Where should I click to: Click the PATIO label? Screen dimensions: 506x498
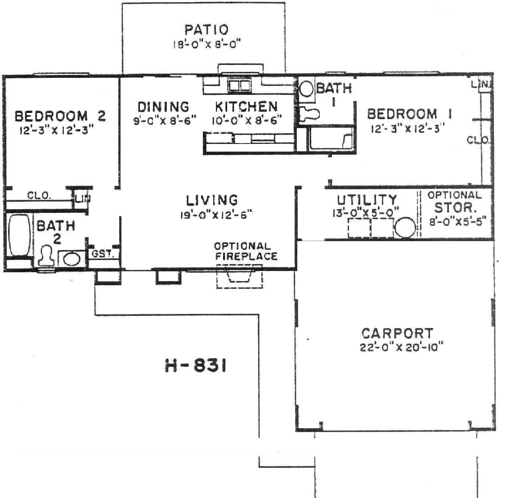(x=206, y=30)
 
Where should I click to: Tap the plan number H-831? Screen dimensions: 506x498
(x=196, y=366)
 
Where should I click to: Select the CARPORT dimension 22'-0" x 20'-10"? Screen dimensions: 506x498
(x=402, y=348)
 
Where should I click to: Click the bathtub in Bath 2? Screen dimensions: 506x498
(x=19, y=235)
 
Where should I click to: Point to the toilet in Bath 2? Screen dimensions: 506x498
(x=47, y=256)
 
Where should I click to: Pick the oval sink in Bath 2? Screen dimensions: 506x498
(x=72, y=259)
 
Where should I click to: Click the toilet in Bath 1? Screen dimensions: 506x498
(x=309, y=114)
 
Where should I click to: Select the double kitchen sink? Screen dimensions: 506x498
(x=239, y=85)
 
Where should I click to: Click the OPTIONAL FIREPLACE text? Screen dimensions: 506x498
(x=246, y=251)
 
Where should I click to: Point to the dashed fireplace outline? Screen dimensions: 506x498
(x=239, y=276)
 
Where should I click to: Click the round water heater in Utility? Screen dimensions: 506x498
(x=405, y=228)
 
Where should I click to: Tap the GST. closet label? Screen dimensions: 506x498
(x=103, y=254)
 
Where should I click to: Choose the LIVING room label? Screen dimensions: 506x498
(x=212, y=200)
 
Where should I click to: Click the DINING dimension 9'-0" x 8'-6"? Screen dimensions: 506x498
(x=165, y=121)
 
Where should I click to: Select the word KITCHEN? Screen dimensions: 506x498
(x=246, y=107)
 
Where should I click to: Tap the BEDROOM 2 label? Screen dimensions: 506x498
(x=60, y=116)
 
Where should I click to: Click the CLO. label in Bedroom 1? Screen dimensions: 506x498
(x=478, y=140)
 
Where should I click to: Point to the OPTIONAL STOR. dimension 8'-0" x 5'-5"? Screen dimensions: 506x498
(x=457, y=222)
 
